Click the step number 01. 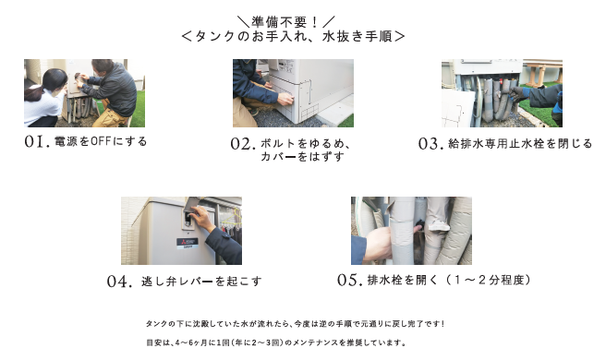click(x=38, y=143)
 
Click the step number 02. click(x=241, y=145)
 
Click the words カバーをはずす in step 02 click(x=293, y=157)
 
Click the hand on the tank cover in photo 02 click(x=285, y=97)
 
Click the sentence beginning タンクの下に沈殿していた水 click(x=295, y=324)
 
